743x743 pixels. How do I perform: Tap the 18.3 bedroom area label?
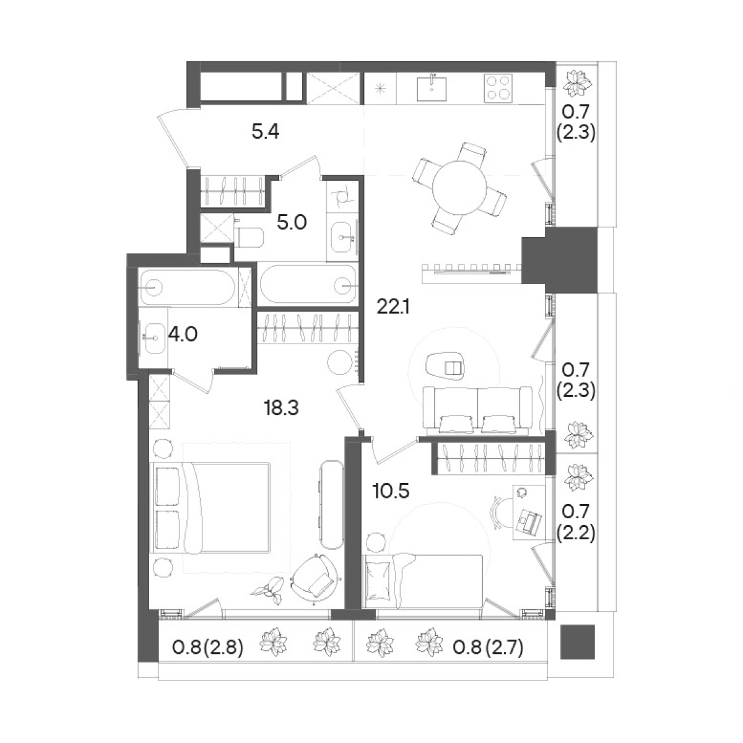point(282,407)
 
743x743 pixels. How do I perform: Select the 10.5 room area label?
point(391,491)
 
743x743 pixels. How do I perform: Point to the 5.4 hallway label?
point(265,132)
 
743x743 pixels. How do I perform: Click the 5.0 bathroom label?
point(292,222)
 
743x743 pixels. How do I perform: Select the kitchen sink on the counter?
point(432,89)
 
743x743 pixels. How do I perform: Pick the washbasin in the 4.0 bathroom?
point(153,338)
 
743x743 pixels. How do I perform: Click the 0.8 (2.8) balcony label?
point(208,648)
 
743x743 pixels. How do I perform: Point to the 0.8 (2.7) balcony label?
point(488,648)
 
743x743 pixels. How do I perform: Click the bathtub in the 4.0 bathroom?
point(187,287)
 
